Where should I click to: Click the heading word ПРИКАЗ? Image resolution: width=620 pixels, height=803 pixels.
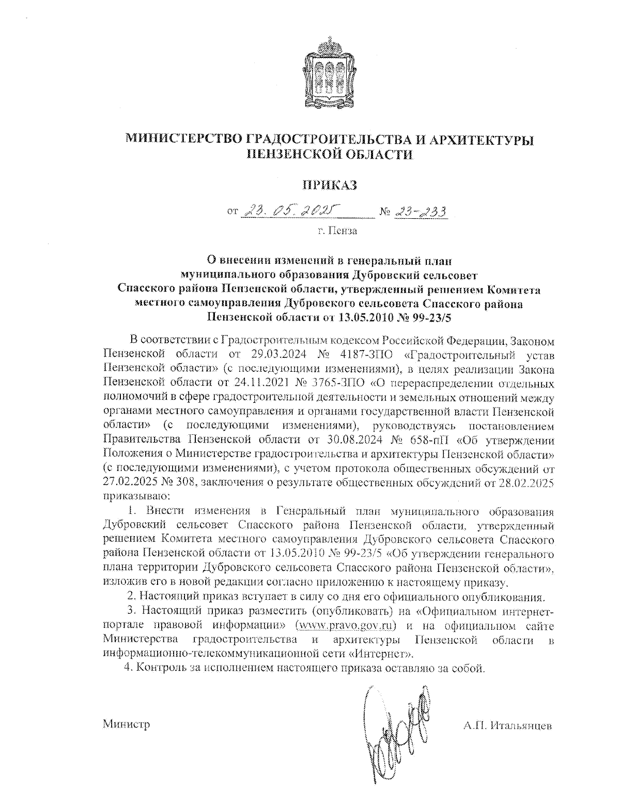330,186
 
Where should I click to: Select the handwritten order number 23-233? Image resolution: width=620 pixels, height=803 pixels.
420,211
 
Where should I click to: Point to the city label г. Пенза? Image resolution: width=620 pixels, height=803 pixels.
337,231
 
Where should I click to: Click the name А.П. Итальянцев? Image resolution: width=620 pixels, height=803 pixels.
507,725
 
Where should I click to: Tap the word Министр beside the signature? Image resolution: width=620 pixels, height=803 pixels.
127,724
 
